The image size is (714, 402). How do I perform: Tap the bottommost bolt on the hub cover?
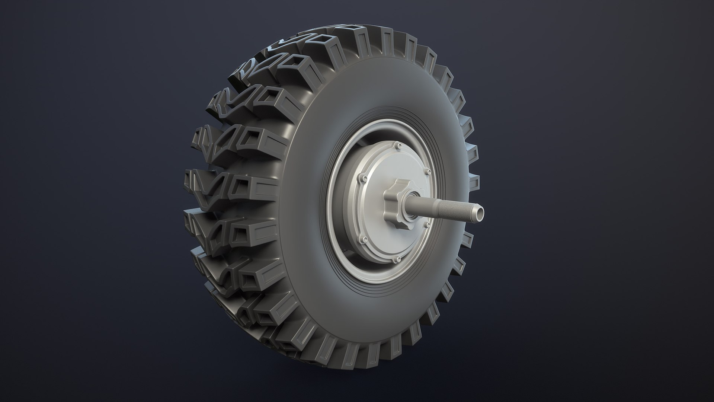coord(398,258)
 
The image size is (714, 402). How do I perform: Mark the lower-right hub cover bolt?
coord(429,224)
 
